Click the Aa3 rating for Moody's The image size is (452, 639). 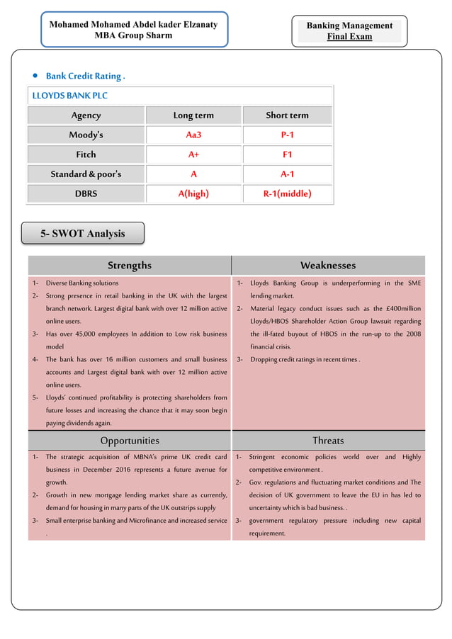point(193,135)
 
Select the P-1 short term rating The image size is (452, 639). point(287,135)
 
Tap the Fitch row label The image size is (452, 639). point(86,154)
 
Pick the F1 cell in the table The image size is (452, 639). point(287,154)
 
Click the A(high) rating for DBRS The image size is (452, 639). point(193,193)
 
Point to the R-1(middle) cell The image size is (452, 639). point(287,193)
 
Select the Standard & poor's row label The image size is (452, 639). point(86,174)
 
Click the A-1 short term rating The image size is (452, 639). point(287,174)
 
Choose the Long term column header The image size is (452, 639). point(193,115)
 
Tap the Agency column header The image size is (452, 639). point(86,115)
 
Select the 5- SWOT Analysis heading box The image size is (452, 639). point(83,233)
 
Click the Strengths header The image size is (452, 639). point(130,266)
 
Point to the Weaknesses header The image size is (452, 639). point(328,266)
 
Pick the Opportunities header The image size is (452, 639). point(130,441)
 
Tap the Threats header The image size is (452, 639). point(328,441)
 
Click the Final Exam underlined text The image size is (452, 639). point(349,37)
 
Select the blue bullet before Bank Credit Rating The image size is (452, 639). point(35,76)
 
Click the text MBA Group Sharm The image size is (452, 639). point(133,36)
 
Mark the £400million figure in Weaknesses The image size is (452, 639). point(400,309)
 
